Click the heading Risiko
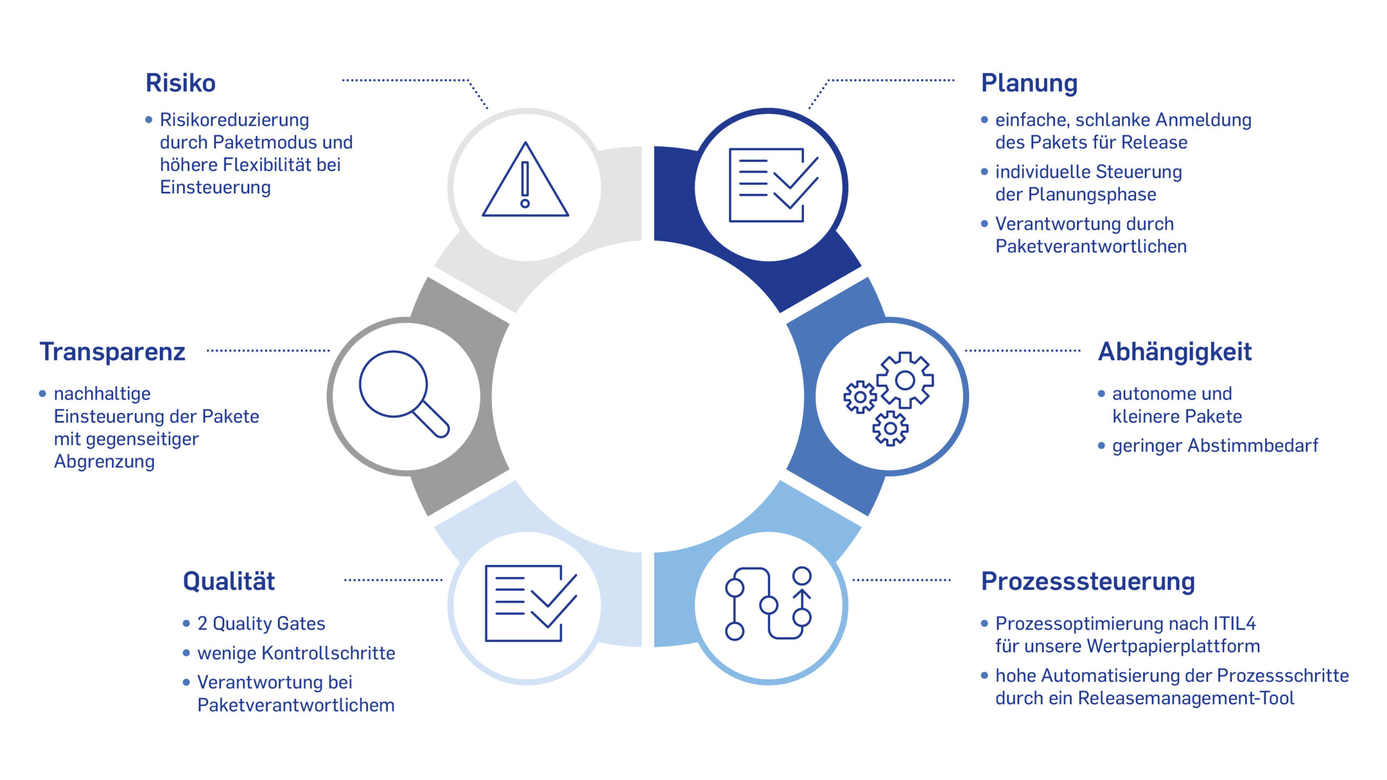[180, 83]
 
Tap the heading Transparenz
[113, 352]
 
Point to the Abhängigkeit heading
[1175, 352]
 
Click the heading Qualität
[229, 581]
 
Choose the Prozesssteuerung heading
[1088, 582]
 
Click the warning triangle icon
[526, 179]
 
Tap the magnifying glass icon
[404, 394]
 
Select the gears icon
[889, 398]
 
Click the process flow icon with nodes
[768, 603]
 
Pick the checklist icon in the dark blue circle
[773, 185]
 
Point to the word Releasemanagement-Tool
[1186, 698]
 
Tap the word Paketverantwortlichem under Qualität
[296, 705]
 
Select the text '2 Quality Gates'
[261, 624]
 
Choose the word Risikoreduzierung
[234, 120]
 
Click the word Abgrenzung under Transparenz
[104, 462]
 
